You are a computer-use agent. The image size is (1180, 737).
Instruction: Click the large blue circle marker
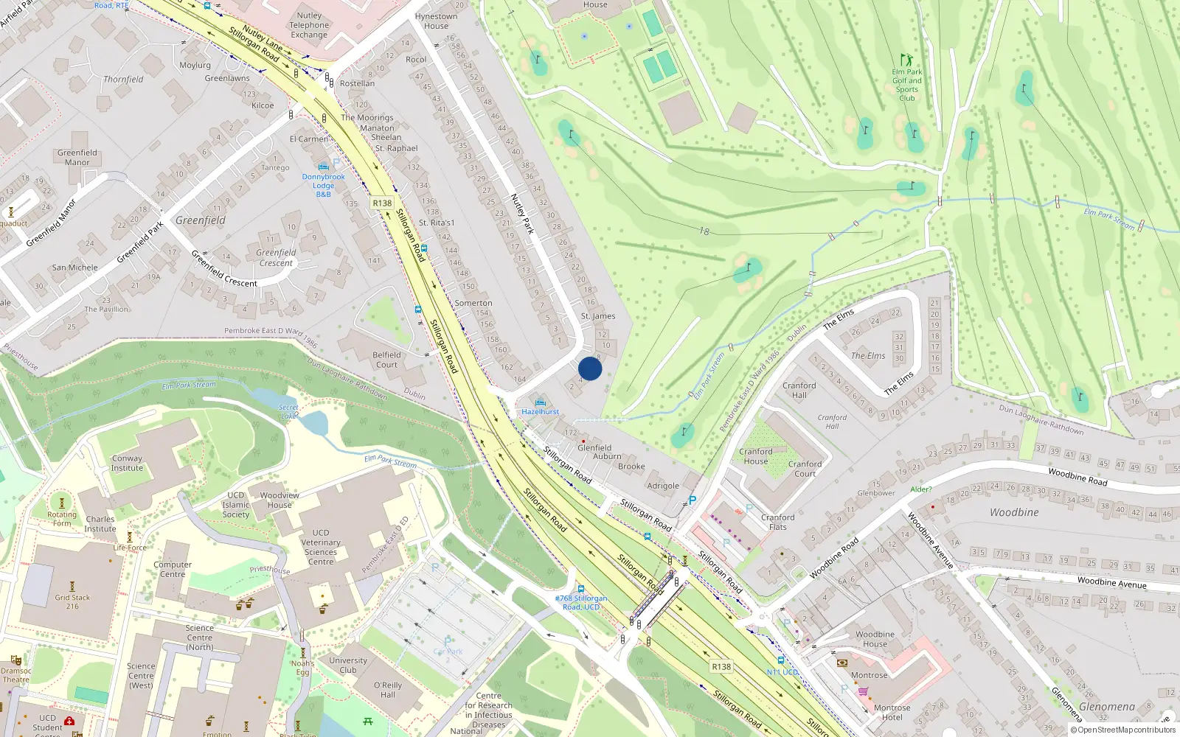pyautogui.click(x=590, y=368)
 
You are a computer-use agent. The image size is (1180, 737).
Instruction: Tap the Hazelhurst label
pyautogui.click(x=541, y=412)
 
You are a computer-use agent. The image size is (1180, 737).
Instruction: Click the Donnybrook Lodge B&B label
pyautogui.click(x=323, y=185)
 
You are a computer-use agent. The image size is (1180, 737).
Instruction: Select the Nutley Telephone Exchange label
pyautogui.click(x=309, y=25)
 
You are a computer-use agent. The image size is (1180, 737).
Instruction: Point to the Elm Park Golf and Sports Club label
pyautogui.click(x=907, y=85)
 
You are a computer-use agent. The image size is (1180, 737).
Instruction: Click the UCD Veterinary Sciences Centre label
pyautogui.click(x=321, y=547)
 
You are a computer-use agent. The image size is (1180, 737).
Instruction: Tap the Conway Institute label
pyautogui.click(x=127, y=463)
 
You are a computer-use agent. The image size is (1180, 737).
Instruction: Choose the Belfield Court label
pyautogui.click(x=386, y=360)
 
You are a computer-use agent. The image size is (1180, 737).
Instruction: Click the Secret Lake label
pyautogui.click(x=288, y=411)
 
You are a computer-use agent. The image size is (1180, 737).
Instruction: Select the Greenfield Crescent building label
pyautogui.click(x=276, y=258)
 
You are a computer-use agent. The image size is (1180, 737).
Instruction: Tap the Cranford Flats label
pyautogui.click(x=777, y=522)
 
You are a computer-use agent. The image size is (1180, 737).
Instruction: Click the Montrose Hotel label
pyautogui.click(x=892, y=712)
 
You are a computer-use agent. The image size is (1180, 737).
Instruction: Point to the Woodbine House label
pyautogui.click(x=875, y=639)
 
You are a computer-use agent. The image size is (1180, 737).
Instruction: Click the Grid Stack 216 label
pyautogui.click(x=72, y=602)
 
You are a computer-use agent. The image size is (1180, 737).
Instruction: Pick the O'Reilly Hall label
pyautogui.click(x=388, y=690)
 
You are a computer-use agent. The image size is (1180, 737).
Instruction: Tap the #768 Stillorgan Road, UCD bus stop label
pyautogui.click(x=581, y=603)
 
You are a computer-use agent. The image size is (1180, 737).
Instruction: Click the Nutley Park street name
pyautogui.click(x=522, y=214)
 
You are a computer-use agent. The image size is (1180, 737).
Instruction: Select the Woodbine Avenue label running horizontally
pyautogui.click(x=1111, y=583)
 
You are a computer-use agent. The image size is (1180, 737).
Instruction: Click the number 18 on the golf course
pyautogui.click(x=704, y=231)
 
